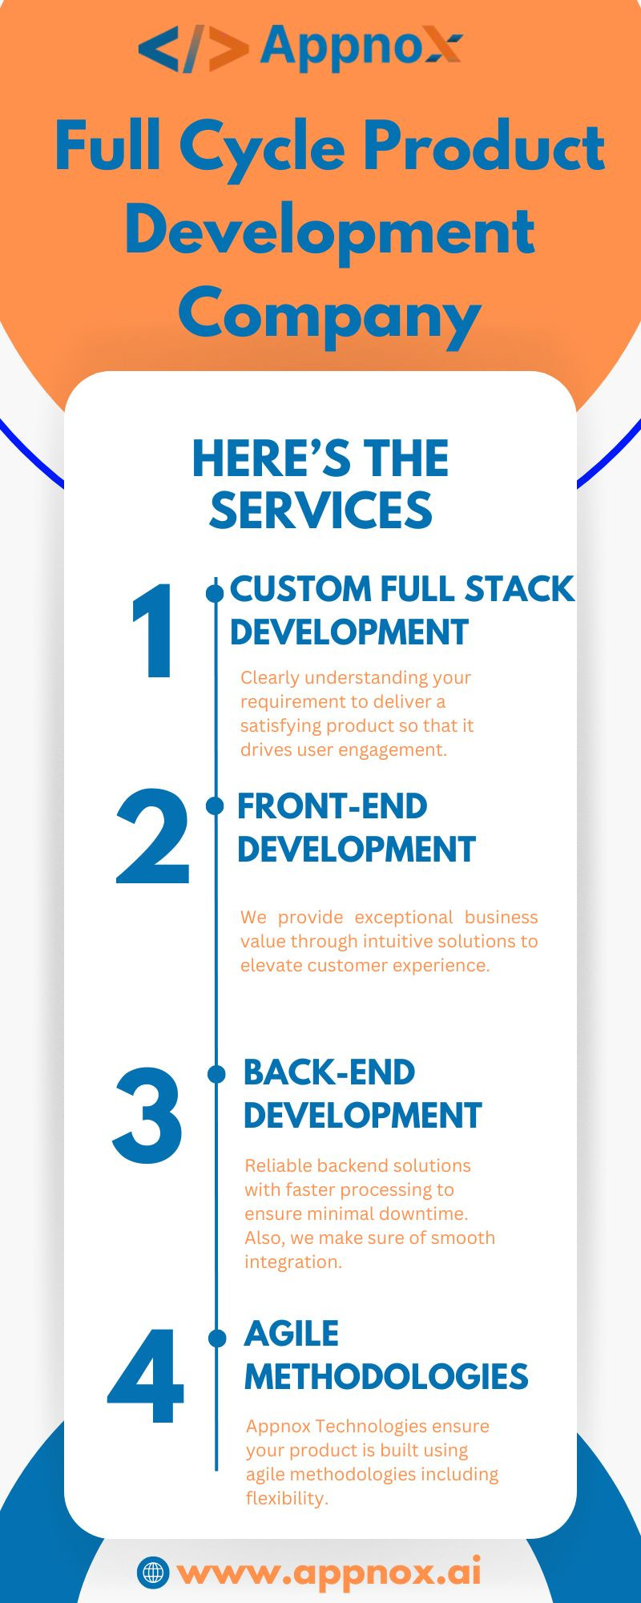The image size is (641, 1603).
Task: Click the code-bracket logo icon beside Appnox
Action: click(192, 48)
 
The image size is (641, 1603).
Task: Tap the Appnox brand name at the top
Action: click(361, 46)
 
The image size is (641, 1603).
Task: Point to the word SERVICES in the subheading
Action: click(320, 511)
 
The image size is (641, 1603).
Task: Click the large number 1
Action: click(154, 632)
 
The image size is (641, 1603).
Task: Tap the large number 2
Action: click(153, 838)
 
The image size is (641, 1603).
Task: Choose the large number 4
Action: click(147, 1377)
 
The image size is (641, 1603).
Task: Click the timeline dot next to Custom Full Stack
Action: click(215, 593)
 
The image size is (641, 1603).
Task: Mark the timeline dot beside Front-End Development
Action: click(215, 806)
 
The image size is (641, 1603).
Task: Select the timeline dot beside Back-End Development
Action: click(216, 1074)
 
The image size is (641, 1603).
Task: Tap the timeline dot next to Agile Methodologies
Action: click(217, 1338)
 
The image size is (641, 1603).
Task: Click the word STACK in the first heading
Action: click(519, 589)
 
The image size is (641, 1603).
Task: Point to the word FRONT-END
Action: click(332, 807)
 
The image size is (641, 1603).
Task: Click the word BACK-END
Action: click(329, 1073)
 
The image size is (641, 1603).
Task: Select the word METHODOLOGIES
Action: click(386, 1377)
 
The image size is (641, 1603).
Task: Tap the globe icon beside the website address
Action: click(152, 1572)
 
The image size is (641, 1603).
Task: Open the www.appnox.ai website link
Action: click(329, 1572)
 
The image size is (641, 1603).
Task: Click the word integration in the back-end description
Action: click(292, 1262)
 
